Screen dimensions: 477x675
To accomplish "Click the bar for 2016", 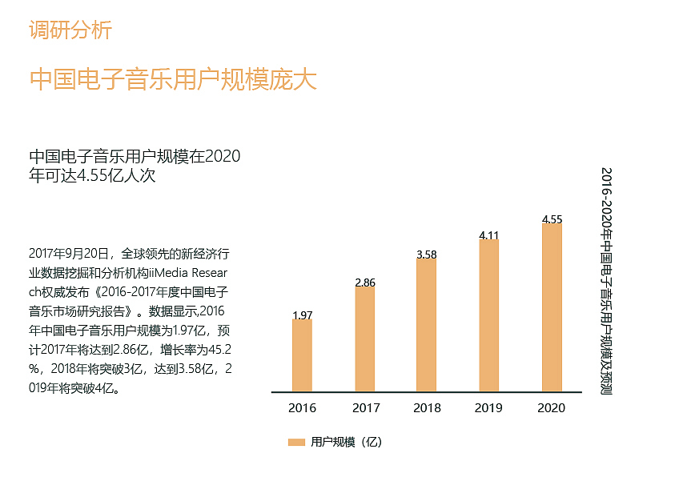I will click(x=302, y=356).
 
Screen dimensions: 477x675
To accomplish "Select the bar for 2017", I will click(x=364, y=339).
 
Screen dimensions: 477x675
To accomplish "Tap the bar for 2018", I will click(x=427, y=325).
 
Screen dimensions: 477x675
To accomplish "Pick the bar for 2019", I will click(x=489, y=315).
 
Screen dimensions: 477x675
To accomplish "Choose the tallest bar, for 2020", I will click(x=552, y=307).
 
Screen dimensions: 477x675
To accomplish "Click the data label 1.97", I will click(x=302, y=315).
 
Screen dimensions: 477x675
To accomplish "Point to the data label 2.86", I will click(x=364, y=283).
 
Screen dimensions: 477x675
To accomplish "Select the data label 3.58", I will click(x=427, y=255).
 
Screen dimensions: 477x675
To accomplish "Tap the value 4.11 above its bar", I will click(x=489, y=235).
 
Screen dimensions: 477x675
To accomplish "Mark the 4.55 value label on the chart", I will click(x=552, y=218).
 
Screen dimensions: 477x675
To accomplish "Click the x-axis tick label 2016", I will click(x=302, y=408).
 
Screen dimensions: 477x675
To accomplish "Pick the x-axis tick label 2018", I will click(x=427, y=408).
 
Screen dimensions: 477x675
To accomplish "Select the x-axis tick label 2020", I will click(x=552, y=408).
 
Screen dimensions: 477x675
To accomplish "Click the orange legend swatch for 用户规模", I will click(x=296, y=443).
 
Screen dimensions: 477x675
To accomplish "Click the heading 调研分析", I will click(x=70, y=30).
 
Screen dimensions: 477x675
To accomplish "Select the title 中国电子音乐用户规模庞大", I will click(x=173, y=80).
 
